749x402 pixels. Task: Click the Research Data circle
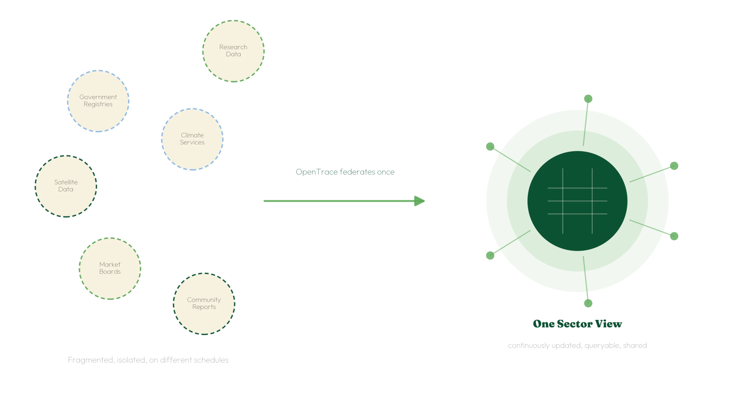click(233, 51)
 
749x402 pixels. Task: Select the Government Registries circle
click(98, 101)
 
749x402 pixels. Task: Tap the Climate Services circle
click(192, 139)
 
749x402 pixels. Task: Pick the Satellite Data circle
click(66, 186)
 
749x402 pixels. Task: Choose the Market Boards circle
click(110, 268)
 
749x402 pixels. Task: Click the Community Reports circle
click(204, 304)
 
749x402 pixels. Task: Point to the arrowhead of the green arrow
click(420, 201)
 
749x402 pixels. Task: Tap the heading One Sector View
click(577, 324)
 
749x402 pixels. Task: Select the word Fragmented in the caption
click(91, 360)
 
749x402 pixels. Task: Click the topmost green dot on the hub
click(588, 99)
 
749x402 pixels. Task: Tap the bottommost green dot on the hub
click(588, 303)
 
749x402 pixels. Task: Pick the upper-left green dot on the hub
click(490, 146)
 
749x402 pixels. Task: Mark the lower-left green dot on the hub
click(490, 256)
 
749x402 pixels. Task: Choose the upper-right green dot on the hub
click(674, 166)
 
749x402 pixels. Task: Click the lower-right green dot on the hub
click(674, 236)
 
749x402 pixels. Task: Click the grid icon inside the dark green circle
click(577, 201)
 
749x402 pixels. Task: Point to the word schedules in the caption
click(210, 360)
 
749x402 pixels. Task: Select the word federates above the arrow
click(357, 172)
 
